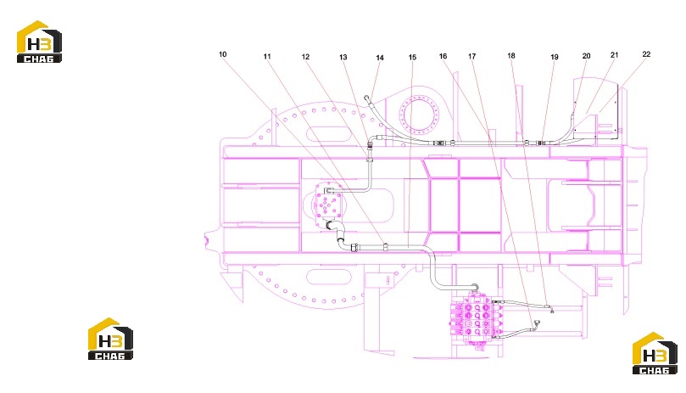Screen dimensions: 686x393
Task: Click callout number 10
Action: [x=223, y=54]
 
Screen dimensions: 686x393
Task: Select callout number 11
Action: [x=267, y=56]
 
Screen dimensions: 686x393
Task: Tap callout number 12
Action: [x=305, y=57]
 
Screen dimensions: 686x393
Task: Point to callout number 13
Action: [x=343, y=57]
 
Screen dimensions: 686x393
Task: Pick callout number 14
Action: [x=380, y=58]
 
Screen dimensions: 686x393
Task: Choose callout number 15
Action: [x=412, y=58]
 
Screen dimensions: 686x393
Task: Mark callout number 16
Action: [x=443, y=56]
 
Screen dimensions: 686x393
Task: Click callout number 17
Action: [x=471, y=56]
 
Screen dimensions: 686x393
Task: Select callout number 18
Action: [x=511, y=56]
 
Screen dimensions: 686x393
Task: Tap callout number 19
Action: [x=555, y=57]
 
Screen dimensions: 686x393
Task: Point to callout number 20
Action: [x=586, y=56]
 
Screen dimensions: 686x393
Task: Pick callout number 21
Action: [x=614, y=55]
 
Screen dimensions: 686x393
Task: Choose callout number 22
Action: [x=646, y=53]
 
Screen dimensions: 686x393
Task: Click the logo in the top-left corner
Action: [x=39, y=42]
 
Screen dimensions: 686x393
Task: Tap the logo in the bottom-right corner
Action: [x=655, y=353]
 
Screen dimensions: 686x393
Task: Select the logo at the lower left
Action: [x=110, y=339]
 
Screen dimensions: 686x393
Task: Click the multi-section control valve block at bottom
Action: [x=476, y=320]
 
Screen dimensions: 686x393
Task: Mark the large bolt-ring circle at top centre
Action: [x=421, y=115]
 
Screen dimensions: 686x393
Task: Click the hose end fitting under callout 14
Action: [x=367, y=98]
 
